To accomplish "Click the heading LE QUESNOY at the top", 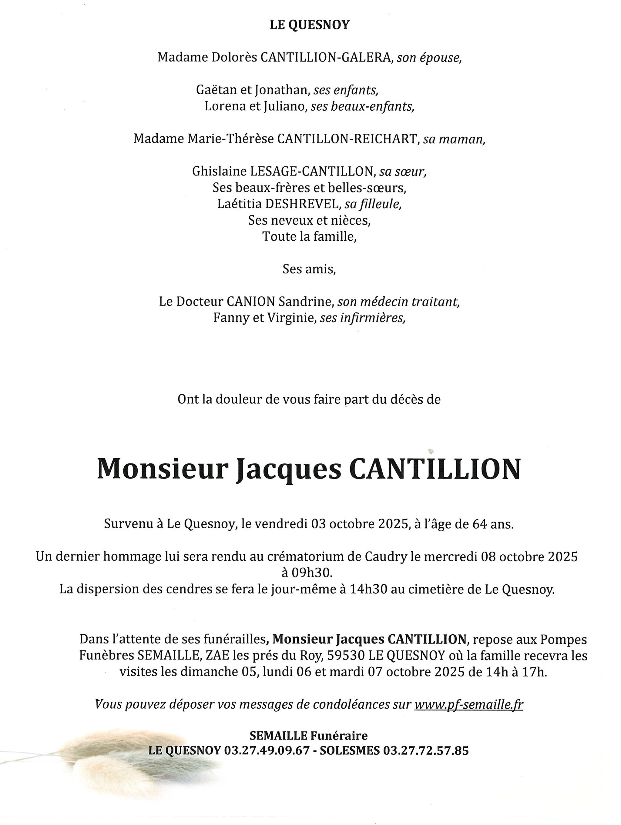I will [309, 25].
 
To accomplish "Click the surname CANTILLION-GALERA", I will [325, 58].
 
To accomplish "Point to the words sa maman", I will [454, 139].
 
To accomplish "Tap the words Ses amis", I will [309, 269].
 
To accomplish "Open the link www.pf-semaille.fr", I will [468, 705].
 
